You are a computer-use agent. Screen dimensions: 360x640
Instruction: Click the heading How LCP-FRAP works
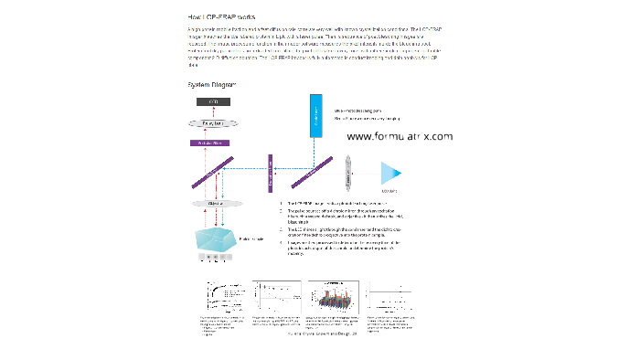(x=222, y=17)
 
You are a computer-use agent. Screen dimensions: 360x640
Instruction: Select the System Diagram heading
(x=212, y=84)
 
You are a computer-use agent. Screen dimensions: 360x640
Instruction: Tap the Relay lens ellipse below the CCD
(x=214, y=122)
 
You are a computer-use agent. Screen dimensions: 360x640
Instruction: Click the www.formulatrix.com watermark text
(x=400, y=136)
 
